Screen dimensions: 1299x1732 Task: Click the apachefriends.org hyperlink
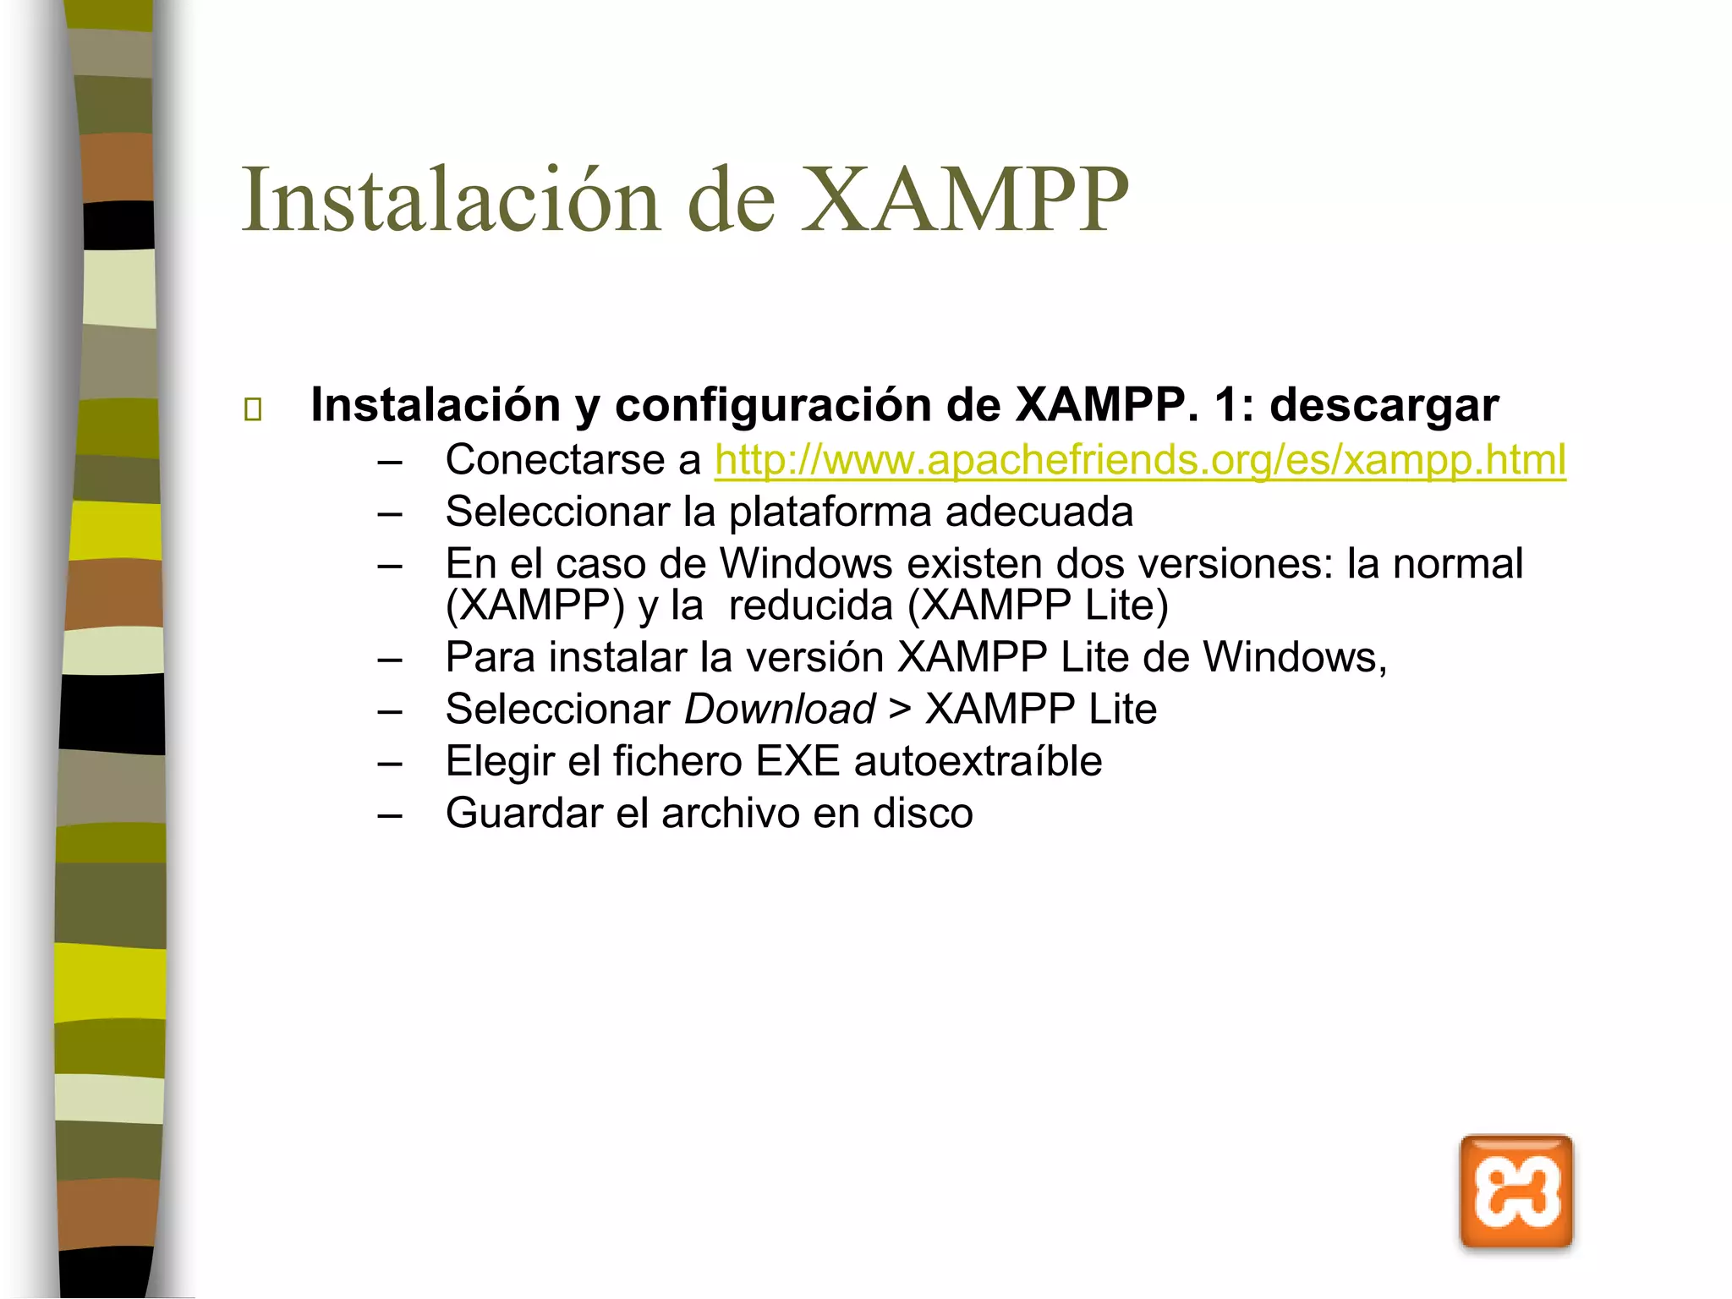[1140, 461]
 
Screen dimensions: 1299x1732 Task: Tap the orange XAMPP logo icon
[1515, 1192]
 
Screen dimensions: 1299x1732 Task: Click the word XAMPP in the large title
[965, 200]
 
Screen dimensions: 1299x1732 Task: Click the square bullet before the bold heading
[252, 409]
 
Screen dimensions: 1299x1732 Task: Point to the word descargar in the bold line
[1384, 405]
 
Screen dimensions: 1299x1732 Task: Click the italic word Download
[779, 709]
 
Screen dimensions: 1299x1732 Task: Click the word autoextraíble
[978, 761]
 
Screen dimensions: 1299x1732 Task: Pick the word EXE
[797, 761]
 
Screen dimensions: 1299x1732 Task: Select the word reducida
[810, 606]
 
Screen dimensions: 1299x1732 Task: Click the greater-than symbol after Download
[900, 709]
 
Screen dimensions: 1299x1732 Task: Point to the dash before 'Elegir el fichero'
[390, 763]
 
